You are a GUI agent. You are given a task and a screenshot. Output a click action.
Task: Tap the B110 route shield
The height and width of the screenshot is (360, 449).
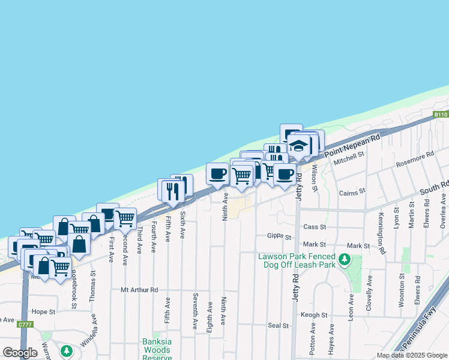441,114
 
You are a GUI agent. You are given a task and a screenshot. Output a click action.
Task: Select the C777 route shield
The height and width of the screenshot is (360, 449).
25,325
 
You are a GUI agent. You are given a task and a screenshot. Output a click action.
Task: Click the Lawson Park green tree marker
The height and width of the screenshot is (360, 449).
344,259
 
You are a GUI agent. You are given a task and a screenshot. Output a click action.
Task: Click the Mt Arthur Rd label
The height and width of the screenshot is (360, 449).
139,289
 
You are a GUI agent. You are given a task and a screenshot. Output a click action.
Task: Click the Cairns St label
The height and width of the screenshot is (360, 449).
352,191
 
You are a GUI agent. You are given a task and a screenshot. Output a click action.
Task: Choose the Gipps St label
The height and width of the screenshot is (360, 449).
279,237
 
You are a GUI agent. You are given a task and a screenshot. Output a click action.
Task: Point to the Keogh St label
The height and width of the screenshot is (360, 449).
315,314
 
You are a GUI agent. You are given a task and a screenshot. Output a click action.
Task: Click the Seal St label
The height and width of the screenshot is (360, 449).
279,325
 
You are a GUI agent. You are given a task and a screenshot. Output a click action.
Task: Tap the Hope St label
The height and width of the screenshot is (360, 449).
43,311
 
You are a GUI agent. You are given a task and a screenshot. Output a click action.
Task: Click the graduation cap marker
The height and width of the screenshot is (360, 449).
298,146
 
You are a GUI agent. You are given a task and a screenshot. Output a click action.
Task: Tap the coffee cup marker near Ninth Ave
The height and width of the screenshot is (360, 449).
218,173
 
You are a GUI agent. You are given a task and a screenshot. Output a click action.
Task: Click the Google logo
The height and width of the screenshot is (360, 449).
20,353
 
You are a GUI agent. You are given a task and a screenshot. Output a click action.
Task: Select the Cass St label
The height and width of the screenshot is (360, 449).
315,227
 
